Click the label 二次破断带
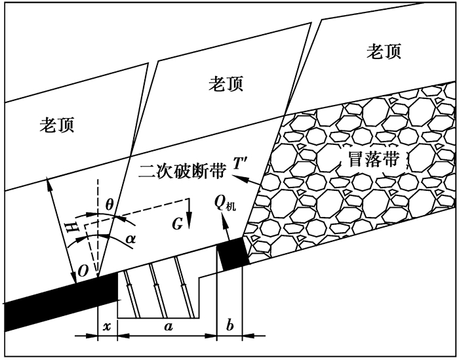click(182, 171)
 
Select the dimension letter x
click(106, 325)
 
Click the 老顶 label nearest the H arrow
click(56, 125)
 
